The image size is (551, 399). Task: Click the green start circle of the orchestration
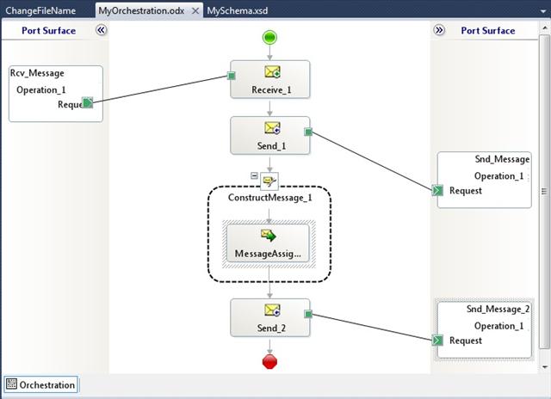point(269,37)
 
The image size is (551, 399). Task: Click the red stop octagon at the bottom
point(269,361)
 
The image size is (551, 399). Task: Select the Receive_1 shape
point(269,79)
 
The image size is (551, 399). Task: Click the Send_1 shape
point(269,136)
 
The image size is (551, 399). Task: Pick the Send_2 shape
point(269,317)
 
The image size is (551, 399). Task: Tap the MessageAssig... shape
point(268,243)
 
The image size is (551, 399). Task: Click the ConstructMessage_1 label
point(269,198)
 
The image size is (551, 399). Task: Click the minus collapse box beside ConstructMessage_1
point(255,175)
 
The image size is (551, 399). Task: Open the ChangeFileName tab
point(40,10)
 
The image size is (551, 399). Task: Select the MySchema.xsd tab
point(238,10)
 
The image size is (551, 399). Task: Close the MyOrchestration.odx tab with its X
point(195,11)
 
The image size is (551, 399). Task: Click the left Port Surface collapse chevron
point(102,30)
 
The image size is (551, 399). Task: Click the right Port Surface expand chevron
point(439,30)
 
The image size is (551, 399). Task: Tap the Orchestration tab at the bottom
point(40,384)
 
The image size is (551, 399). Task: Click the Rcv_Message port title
point(37,73)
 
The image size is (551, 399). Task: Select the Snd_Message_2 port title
point(498,310)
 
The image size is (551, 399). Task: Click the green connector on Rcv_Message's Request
point(88,103)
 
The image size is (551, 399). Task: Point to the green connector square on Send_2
point(308,314)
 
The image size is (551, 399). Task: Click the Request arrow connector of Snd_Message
point(437,191)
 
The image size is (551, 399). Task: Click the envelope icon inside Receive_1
point(272,72)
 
